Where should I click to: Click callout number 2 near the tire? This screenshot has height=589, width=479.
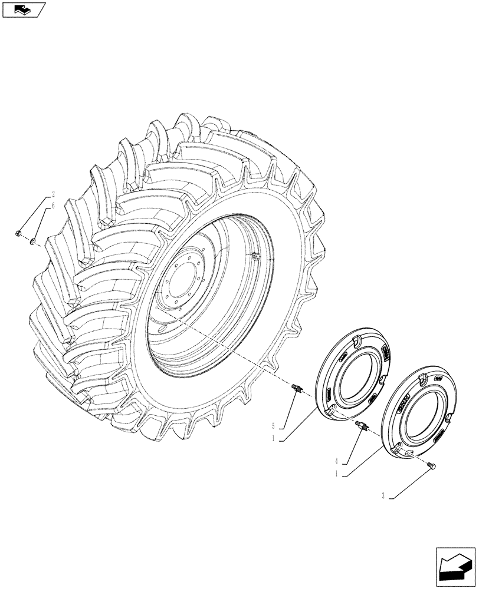[x=53, y=194]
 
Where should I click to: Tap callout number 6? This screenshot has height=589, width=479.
[x=53, y=206]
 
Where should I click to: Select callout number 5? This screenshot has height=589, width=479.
[x=273, y=425]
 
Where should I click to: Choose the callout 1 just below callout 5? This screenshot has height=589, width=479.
[x=273, y=439]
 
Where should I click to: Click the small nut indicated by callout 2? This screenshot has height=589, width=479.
[x=19, y=234]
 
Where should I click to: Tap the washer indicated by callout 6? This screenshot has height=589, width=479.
[x=34, y=241]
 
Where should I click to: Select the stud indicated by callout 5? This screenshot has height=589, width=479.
[x=297, y=388]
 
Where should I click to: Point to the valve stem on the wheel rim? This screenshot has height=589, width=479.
[x=255, y=256]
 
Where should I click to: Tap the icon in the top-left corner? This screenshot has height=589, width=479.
[x=24, y=9]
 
